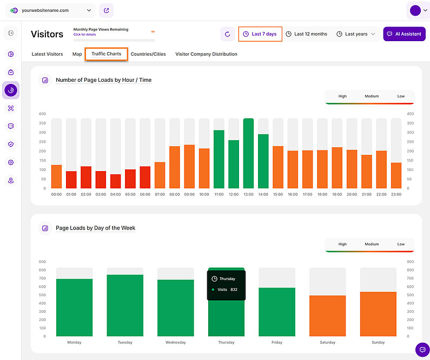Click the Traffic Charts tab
coord(106,54)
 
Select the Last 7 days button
coord(260,34)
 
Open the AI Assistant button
coord(404,34)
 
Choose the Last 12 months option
coord(306,34)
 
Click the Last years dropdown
coord(355,34)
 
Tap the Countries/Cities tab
coord(148,54)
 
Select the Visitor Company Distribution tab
coord(206,54)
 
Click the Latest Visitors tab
coord(47,54)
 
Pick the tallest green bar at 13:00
coord(248,153)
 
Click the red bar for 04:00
coord(116,181)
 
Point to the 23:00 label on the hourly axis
coord(396,194)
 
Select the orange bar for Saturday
coord(327,316)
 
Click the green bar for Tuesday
coord(125,305)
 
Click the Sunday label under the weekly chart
coord(378,343)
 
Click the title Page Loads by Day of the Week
coord(95,228)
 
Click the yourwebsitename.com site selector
coord(52,10)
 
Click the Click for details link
coord(85,35)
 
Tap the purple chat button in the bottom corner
coord(422,350)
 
